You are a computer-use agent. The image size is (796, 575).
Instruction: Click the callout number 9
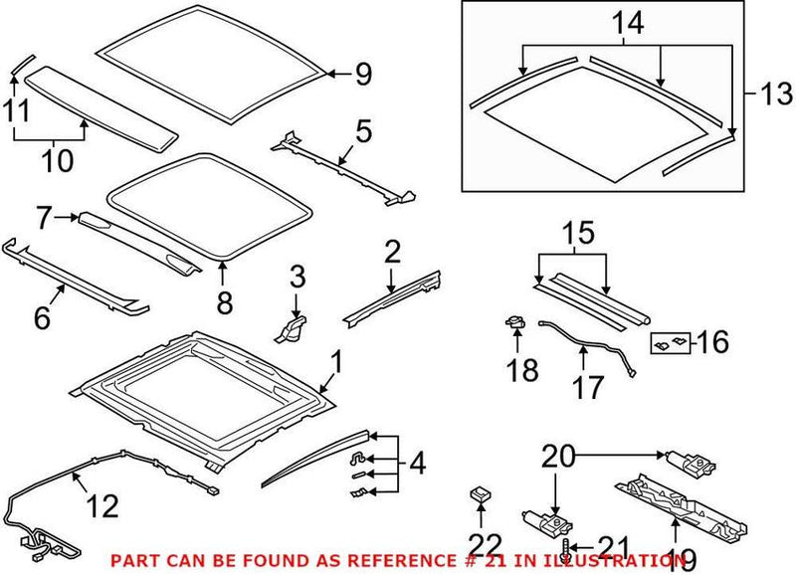click(x=362, y=74)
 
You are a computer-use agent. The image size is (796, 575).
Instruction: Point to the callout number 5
click(x=363, y=130)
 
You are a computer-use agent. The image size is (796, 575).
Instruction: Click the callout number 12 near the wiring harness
click(x=102, y=507)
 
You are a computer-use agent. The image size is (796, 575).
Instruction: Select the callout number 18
click(x=523, y=371)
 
